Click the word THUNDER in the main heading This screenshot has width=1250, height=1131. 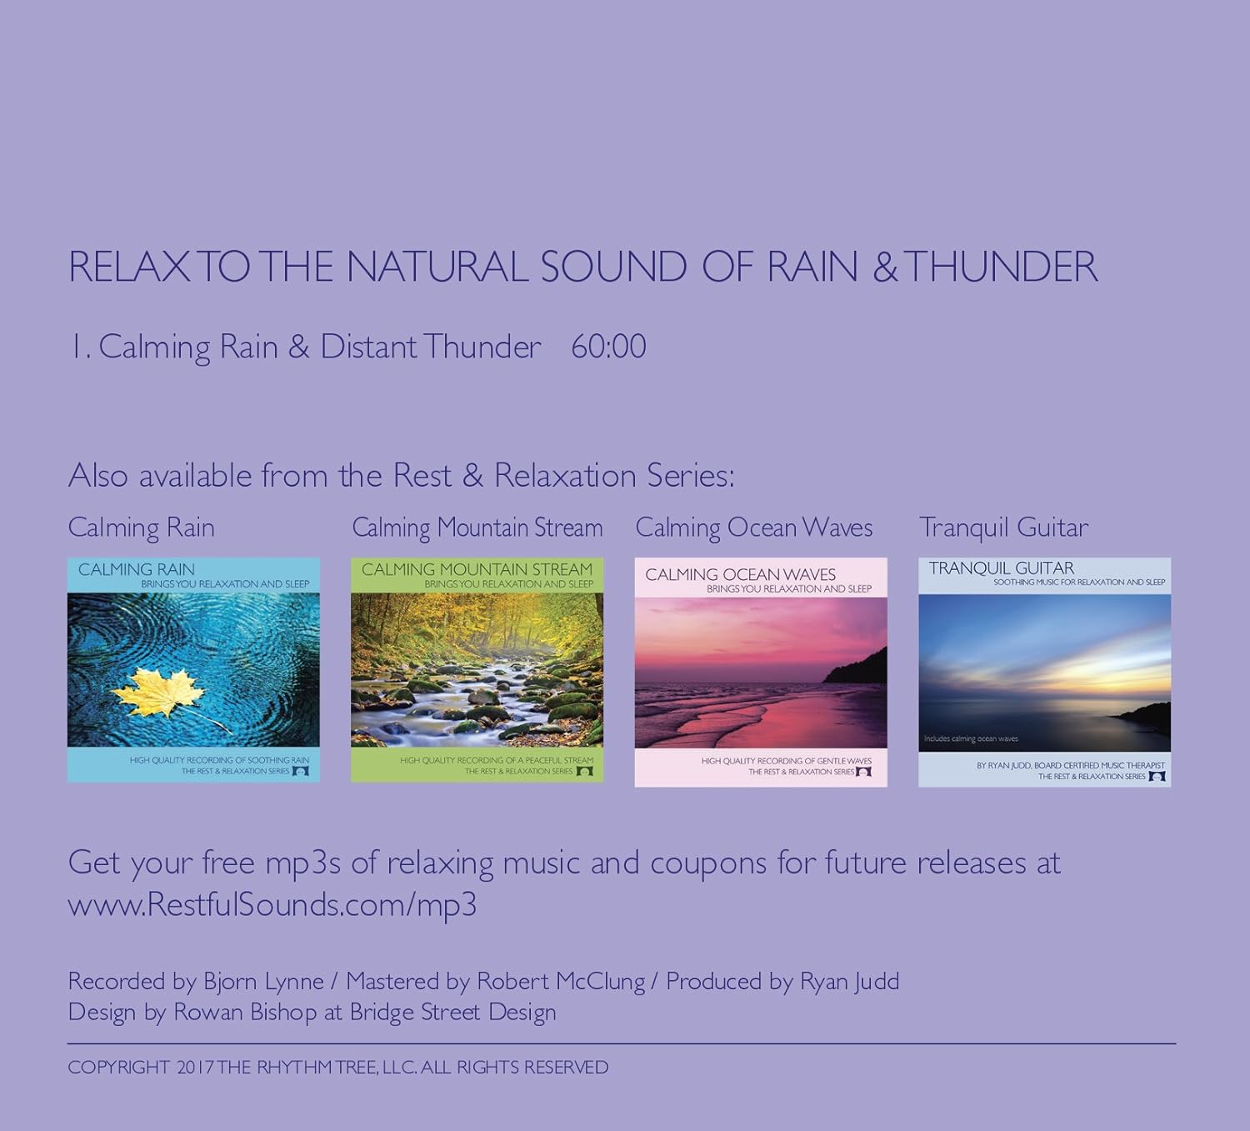tap(1000, 268)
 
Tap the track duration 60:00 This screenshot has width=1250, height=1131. tap(608, 347)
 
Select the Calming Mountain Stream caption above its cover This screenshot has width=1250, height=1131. tap(477, 528)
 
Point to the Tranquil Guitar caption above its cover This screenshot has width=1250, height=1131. tap(1003, 528)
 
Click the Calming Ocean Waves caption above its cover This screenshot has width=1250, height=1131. tap(753, 528)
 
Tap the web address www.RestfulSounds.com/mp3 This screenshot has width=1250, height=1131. tap(272, 905)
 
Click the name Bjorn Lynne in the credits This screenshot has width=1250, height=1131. tap(263, 982)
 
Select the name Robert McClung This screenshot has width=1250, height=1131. tap(560, 982)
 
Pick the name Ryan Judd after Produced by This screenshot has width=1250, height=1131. tap(849, 982)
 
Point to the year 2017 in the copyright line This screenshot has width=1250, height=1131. tap(194, 1068)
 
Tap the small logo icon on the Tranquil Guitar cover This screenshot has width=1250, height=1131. tap(1157, 777)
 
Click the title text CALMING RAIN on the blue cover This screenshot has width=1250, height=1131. tap(137, 570)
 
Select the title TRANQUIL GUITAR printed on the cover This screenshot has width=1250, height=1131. tap(1001, 568)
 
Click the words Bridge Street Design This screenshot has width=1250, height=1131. tap(452, 1013)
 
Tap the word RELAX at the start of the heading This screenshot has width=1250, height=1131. tap(129, 268)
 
